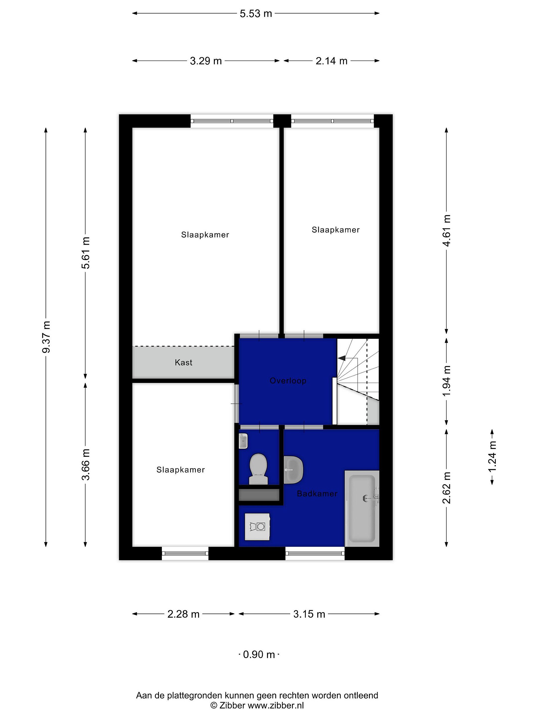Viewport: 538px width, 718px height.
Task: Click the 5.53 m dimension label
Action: [x=256, y=14]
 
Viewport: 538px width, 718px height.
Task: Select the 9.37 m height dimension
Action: [x=46, y=337]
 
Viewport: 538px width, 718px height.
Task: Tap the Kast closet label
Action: [x=184, y=362]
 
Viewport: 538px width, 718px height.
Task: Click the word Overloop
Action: [x=288, y=380]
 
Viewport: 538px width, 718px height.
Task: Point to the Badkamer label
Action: [x=317, y=493]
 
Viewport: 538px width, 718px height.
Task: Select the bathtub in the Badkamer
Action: [x=362, y=508]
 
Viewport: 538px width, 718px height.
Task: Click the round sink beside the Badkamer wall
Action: [x=293, y=469]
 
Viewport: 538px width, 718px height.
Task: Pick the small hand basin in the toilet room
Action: [x=243, y=441]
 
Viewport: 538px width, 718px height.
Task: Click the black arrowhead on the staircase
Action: [x=341, y=358]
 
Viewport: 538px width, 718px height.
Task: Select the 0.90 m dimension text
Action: [x=259, y=654]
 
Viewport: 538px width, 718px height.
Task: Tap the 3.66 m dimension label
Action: [x=86, y=464]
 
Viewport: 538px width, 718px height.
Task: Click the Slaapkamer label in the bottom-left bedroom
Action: [x=181, y=470]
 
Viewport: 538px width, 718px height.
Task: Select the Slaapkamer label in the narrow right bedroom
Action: [x=336, y=230]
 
